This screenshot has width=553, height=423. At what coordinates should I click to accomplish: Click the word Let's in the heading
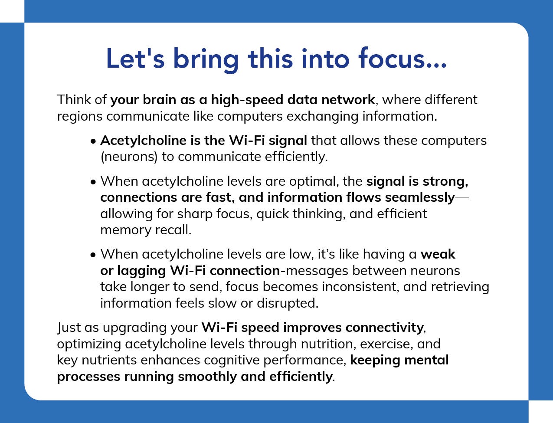click(x=135, y=59)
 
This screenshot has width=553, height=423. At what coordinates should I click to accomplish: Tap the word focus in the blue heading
click(x=394, y=58)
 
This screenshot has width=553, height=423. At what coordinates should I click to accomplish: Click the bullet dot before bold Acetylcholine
click(x=93, y=141)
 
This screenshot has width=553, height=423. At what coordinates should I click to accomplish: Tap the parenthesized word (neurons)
click(x=129, y=157)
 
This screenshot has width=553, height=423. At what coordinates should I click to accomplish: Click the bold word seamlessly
click(x=420, y=197)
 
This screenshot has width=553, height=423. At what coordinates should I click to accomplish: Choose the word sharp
click(x=194, y=214)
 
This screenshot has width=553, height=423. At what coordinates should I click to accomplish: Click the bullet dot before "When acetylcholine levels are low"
click(x=93, y=255)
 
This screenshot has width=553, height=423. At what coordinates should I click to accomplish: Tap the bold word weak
click(x=438, y=254)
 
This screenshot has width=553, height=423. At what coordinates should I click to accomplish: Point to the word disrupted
click(x=288, y=303)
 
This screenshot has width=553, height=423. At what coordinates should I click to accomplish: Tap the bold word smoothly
click(x=207, y=377)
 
